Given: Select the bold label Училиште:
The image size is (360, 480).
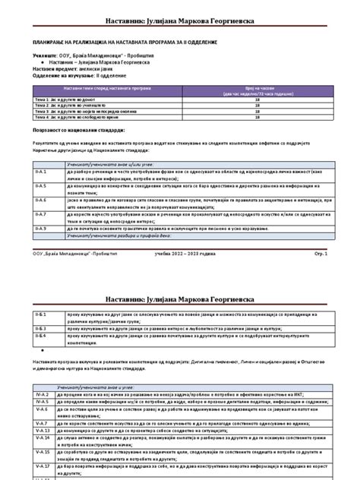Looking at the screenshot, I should pos(46,56).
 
